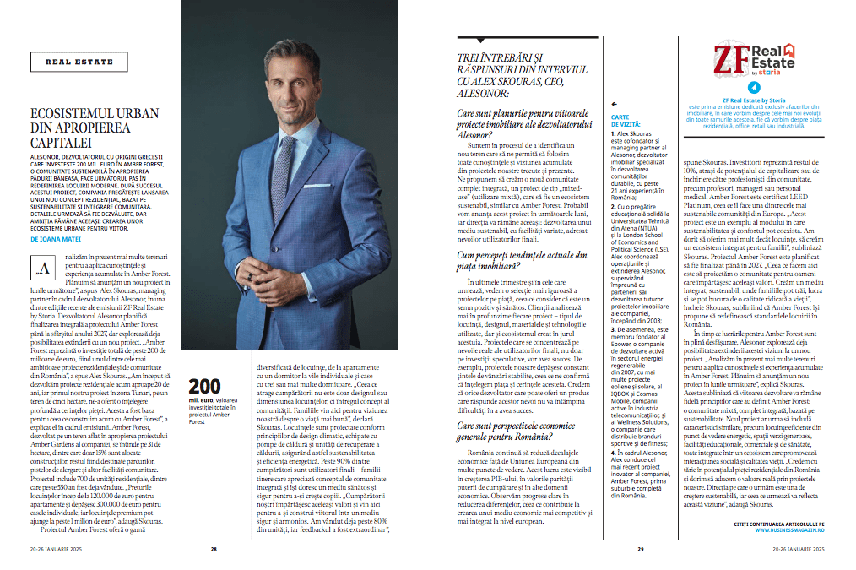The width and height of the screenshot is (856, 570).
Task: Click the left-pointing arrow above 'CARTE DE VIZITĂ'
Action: [x=615, y=105]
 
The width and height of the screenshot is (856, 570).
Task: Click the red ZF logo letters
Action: [x=731, y=58]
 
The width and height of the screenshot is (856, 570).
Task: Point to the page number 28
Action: [x=214, y=548]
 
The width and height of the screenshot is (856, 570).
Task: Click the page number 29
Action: [x=641, y=548]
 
